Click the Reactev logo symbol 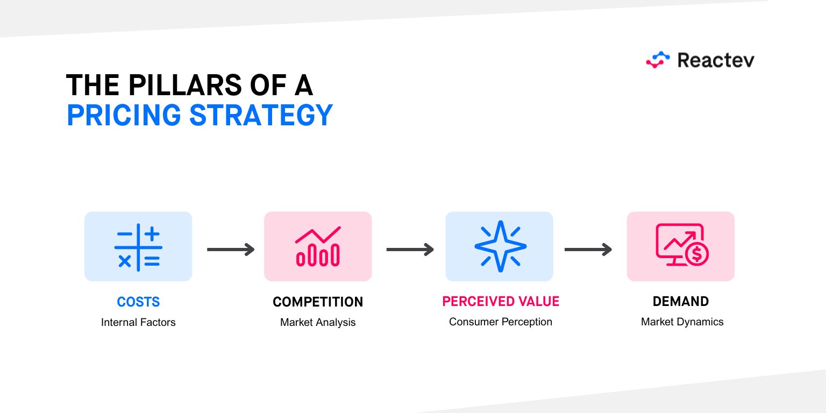pyautogui.click(x=658, y=60)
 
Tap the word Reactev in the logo pyautogui.click(x=716, y=60)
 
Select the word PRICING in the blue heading pyautogui.click(x=124, y=115)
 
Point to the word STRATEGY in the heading pyautogui.click(x=261, y=115)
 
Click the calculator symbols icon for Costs pyautogui.click(x=138, y=247)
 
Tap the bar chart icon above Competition pyautogui.click(x=318, y=246)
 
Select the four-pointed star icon pyautogui.click(x=500, y=246)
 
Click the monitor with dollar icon pyautogui.click(x=682, y=245)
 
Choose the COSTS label pyautogui.click(x=138, y=302)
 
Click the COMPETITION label pyautogui.click(x=318, y=302)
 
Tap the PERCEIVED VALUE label pyautogui.click(x=501, y=302)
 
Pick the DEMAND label pyautogui.click(x=681, y=302)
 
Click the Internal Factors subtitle pyautogui.click(x=138, y=322)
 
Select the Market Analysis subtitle pyautogui.click(x=318, y=322)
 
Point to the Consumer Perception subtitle pyautogui.click(x=501, y=322)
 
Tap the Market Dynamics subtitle pyautogui.click(x=682, y=322)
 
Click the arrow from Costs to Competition pyautogui.click(x=231, y=250)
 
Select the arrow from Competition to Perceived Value pyautogui.click(x=410, y=250)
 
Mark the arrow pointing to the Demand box pyautogui.click(x=588, y=250)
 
